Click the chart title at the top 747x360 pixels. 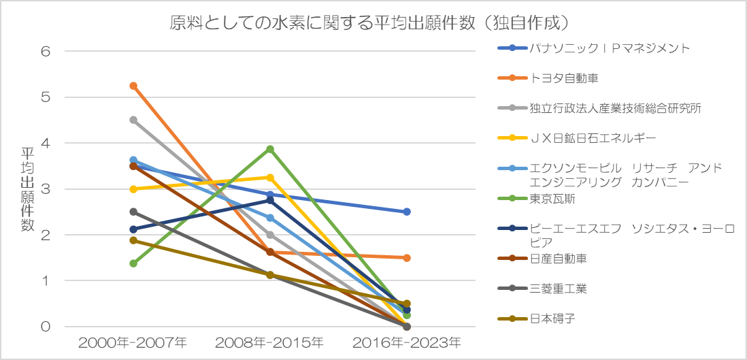click(x=369, y=23)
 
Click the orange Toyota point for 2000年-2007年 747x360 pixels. click(x=133, y=86)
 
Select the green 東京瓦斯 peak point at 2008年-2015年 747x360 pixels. click(x=270, y=149)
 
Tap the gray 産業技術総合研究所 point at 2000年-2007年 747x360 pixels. click(x=133, y=120)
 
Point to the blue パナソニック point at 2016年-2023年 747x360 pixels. click(x=407, y=212)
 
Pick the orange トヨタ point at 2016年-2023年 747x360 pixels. click(x=407, y=258)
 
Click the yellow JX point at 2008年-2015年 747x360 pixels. click(x=270, y=178)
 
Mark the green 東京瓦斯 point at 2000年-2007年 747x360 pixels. click(x=133, y=263)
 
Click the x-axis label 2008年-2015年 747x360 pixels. click(x=269, y=342)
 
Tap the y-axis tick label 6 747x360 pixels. click(x=46, y=52)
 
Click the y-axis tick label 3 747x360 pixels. click(x=46, y=189)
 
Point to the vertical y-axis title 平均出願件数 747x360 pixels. click(x=28, y=189)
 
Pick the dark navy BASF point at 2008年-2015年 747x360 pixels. click(x=270, y=200)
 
